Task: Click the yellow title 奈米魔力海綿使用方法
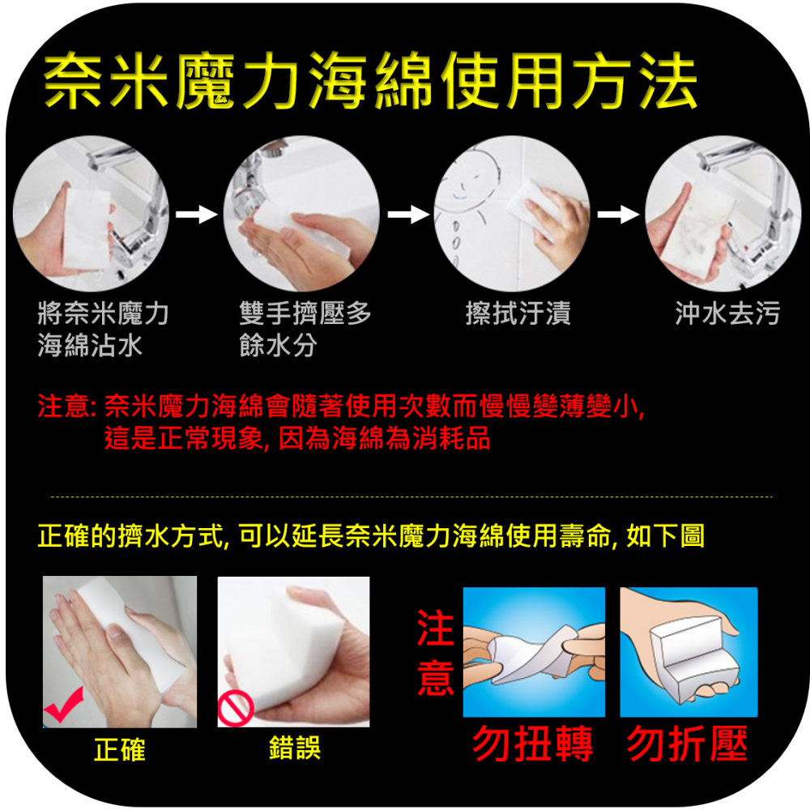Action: pyautogui.click(x=370, y=81)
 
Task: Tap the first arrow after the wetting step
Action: pyautogui.click(x=196, y=214)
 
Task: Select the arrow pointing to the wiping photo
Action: pyautogui.click(x=408, y=214)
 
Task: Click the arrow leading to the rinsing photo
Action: pyautogui.click(x=618, y=214)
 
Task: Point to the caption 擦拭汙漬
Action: pyautogui.click(x=518, y=313)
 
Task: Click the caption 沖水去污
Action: pyautogui.click(x=727, y=313)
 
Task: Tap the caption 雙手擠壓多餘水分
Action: pyautogui.click(x=305, y=329)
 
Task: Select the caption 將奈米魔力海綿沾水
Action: pyautogui.click(x=104, y=329)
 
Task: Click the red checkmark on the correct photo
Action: pyautogui.click(x=63, y=705)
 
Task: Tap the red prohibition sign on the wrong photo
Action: pyautogui.click(x=236, y=709)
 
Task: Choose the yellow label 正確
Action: pyautogui.click(x=119, y=749)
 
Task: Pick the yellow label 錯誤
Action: pyautogui.click(x=295, y=748)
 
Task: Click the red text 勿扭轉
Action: pyautogui.click(x=533, y=744)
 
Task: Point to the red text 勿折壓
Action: pyautogui.click(x=688, y=744)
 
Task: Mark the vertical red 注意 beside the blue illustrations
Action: pyautogui.click(x=436, y=652)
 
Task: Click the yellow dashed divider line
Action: pyautogui.click(x=411, y=497)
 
